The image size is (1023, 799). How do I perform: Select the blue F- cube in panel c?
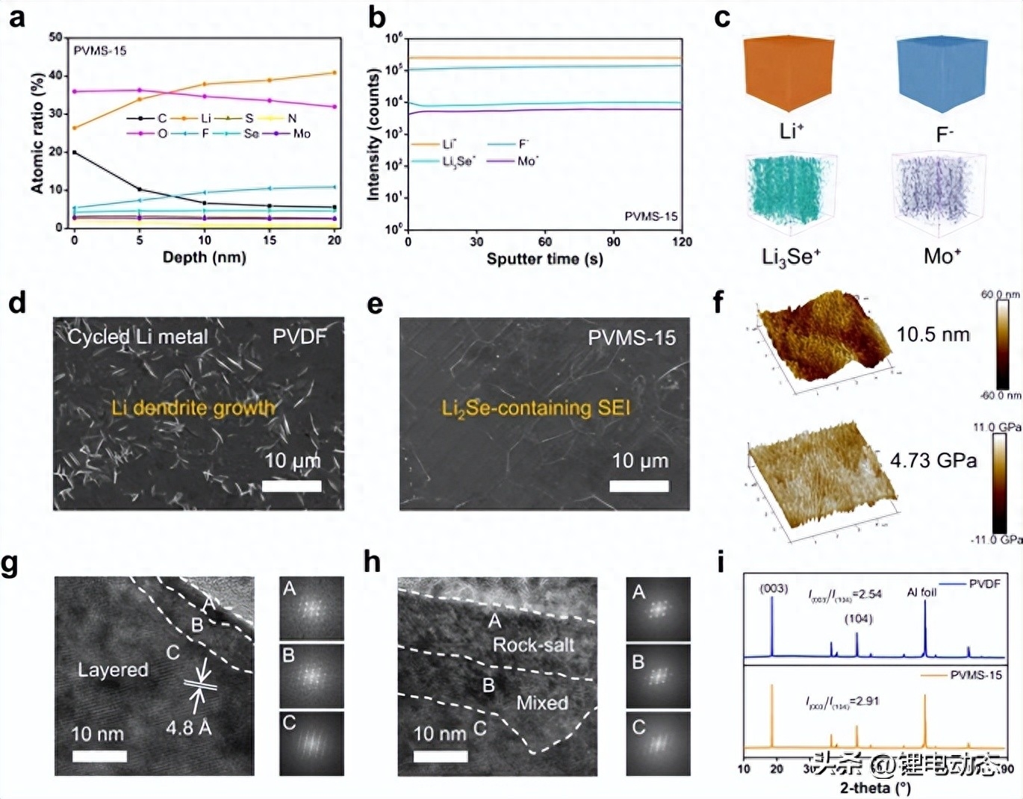[942, 73]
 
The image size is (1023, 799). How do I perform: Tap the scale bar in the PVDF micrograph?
[292, 485]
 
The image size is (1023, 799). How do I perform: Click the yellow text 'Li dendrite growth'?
[193, 408]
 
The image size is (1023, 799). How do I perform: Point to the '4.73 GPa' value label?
[933, 461]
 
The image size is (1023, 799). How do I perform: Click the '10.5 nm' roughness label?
[933, 334]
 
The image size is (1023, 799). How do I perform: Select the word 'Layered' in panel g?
[113, 669]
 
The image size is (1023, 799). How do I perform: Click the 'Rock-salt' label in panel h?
[533, 644]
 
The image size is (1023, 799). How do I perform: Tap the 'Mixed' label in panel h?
[542, 703]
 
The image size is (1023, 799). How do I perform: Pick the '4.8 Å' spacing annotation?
[188, 727]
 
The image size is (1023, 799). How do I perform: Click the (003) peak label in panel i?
[774, 588]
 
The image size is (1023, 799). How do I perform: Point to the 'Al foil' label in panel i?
[921, 592]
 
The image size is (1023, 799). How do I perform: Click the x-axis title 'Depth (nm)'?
[204, 258]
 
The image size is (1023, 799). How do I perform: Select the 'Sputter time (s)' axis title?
[544, 259]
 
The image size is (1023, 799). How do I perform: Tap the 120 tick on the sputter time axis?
[682, 241]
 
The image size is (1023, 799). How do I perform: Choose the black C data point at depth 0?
[74, 152]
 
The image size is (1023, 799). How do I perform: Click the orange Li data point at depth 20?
[334, 72]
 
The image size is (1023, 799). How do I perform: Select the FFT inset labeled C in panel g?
[311, 743]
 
